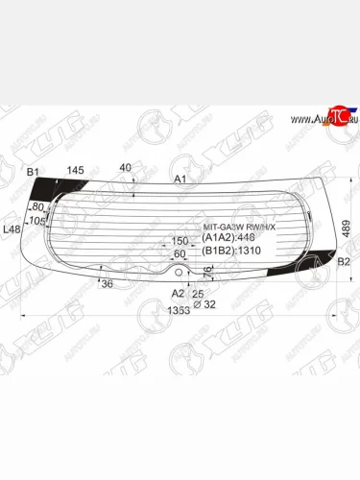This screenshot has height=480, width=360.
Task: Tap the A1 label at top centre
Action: (180, 180)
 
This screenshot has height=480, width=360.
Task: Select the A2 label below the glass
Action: (177, 293)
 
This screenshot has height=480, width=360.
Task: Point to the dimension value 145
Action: (74, 171)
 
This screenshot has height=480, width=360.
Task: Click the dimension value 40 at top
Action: (125, 168)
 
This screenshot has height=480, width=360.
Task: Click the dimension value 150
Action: (180, 241)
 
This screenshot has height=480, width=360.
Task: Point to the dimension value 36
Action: (107, 283)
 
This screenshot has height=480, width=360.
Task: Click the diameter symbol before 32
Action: (198, 304)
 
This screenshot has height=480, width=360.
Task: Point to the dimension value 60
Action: (180, 253)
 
